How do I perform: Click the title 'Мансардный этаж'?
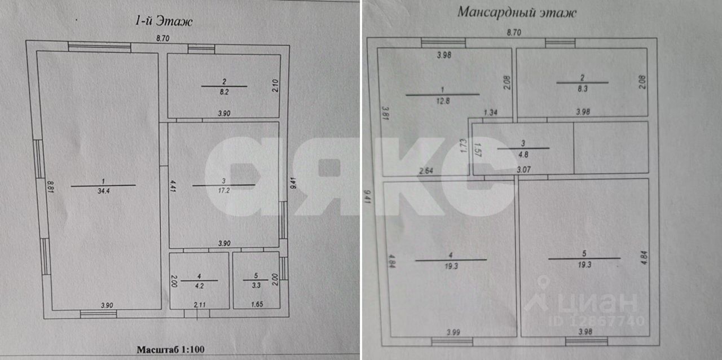516,12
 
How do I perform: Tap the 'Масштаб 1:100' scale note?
170,349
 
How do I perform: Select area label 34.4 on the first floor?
103,190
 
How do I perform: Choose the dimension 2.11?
199,305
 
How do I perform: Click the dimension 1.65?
256,305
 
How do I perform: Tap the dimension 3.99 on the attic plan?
452,332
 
